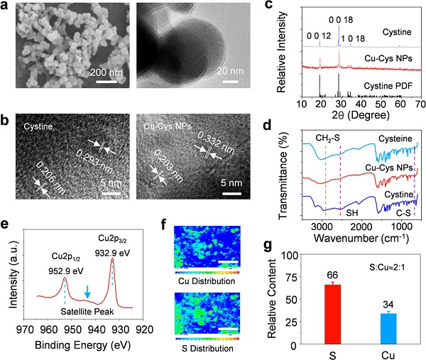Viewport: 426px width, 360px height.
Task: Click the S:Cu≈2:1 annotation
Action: (x=388, y=249)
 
